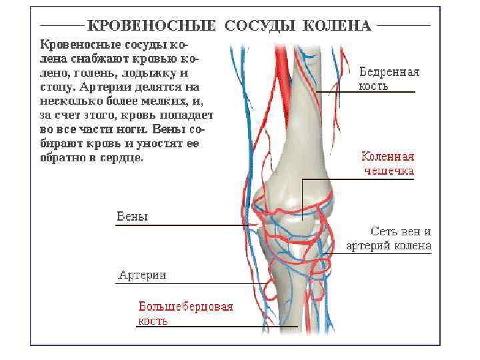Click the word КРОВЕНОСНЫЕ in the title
tap(152, 26)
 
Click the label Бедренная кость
tap(389, 79)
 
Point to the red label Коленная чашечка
tap(387, 163)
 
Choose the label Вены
tap(132, 217)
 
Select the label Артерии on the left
tap(142, 275)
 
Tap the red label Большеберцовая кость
tap(185, 313)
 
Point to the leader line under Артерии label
tap(187, 284)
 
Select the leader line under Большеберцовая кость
tap(213, 327)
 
